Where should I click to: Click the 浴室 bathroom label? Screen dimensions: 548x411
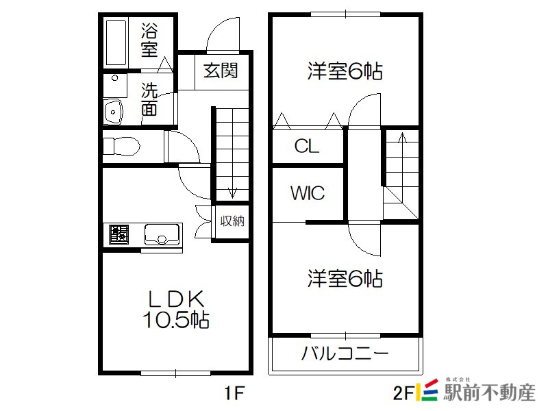click(149, 40)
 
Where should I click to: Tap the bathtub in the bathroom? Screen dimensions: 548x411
click(116, 42)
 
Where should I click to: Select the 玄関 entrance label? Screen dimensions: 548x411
click(221, 71)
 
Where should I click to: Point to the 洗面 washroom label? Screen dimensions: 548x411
click(149, 99)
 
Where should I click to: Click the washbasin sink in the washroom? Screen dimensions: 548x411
click(113, 112)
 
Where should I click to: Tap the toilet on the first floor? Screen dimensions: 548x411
click(121, 146)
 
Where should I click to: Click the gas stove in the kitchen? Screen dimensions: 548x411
click(119, 234)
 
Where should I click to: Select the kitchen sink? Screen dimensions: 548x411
click(162, 234)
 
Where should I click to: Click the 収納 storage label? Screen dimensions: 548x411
click(232, 221)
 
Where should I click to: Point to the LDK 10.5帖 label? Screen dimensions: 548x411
click(176, 310)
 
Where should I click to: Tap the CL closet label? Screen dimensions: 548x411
click(306, 146)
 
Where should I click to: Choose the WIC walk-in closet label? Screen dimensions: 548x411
click(308, 192)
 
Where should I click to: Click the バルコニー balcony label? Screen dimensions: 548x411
click(345, 353)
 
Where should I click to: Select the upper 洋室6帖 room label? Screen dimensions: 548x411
click(345, 71)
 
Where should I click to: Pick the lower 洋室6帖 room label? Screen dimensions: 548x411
click(345, 279)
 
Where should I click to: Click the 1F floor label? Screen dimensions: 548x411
click(234, 393)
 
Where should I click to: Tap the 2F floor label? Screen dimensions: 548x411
click(403, 393)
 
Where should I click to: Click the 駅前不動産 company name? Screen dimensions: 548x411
click(489, 393)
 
